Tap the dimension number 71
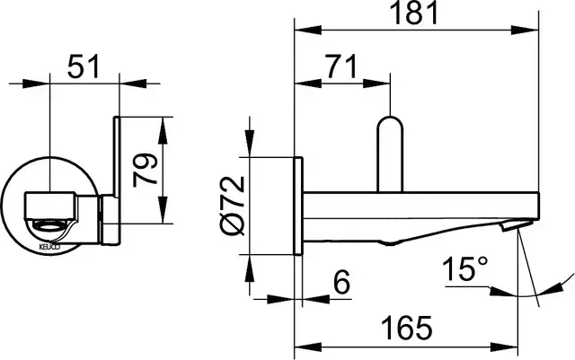tap(341, 66)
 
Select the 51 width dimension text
tap(84, 66)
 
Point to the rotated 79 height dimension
tap(145, 170)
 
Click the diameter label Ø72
tap(233, 206)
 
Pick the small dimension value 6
tap(342, 282)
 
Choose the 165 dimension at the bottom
tap(407, 328)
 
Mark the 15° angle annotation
tap(465, 269)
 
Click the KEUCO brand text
tap(49, 248)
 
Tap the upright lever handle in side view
tap(390, 154)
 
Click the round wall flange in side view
tap(298, 206)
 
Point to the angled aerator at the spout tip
tap(517, 224)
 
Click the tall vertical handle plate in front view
tap(117, 154)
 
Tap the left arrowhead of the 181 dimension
tap(308, 30)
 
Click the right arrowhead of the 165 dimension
tap(504, 347)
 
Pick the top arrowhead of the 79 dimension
tap(163, 130)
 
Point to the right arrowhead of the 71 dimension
tap(376, 83)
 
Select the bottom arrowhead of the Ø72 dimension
tap(250, 268)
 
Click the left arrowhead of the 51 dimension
tap(36, 83)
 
